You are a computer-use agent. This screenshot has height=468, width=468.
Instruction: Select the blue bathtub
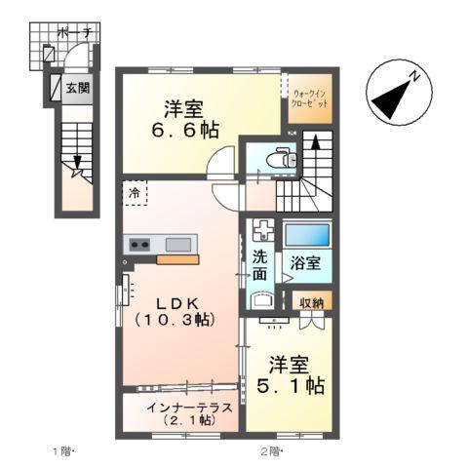pos(306,234)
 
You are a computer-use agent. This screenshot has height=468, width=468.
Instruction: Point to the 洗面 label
pos(260,266)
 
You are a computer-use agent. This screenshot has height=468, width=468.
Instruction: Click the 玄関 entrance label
pos(77,88)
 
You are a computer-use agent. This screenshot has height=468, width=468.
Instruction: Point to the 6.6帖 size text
pos(184,130)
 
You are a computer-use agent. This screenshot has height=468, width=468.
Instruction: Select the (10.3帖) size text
pos(175,320)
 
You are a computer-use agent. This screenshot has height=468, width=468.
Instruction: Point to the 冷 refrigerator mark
pos(135,192)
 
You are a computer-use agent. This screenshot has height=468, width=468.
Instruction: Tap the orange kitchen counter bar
pos(177,259)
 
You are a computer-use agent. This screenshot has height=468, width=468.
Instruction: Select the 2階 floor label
pos(270,450)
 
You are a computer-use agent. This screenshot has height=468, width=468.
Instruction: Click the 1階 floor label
pos(62,450)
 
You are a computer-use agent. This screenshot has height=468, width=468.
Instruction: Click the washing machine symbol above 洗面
pos(261,232)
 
